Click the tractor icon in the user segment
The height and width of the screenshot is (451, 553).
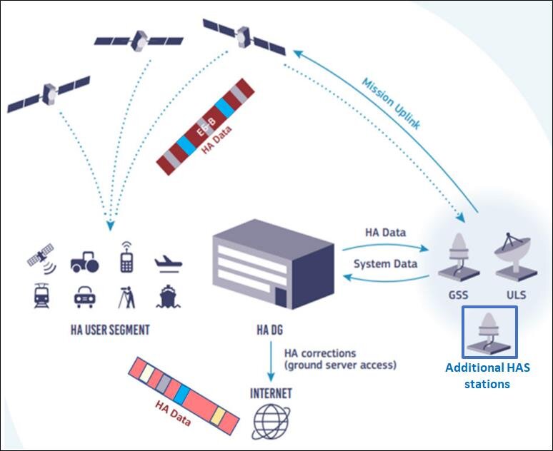point(84,262)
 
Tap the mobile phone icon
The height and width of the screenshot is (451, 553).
point(126,257)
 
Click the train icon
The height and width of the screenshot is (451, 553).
point(41,295)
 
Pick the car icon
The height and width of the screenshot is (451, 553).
point(84,296)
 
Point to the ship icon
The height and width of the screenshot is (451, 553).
point(169,295)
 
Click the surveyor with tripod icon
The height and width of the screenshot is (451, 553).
point(127,295)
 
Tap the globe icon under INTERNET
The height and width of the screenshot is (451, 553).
point(271,421)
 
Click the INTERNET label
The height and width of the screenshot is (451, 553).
point(271,393)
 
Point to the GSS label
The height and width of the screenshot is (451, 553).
point(459,294)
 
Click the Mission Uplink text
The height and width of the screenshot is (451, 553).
point(391,103)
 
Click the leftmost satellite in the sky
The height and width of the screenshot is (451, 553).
point(49,93)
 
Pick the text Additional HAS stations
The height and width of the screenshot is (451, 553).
point(488,376)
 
